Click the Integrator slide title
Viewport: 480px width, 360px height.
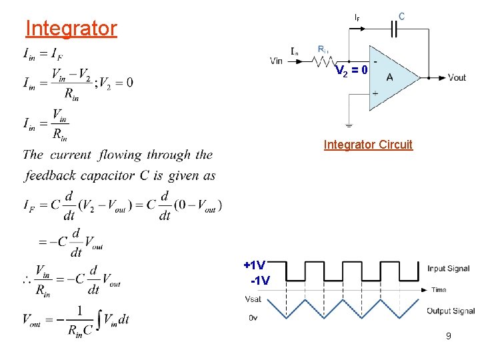point(71,29)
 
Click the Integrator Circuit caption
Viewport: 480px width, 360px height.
point(368,145)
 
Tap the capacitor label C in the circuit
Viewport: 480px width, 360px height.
point(402,15)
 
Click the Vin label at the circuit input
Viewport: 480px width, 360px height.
point(277,61)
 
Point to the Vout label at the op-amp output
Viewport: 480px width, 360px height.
point(457,77)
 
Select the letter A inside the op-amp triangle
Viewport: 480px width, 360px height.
point(389,77)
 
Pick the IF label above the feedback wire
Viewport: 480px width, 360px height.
point(357,17)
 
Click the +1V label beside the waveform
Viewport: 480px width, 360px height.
point(255,265)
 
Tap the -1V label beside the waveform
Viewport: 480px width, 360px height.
point(259,281)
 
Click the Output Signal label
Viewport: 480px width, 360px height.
point(451,311)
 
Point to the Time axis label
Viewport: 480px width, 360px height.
point(438,290)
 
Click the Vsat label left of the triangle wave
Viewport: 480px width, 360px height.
point(253,298)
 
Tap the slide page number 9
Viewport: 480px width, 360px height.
point(449,337)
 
